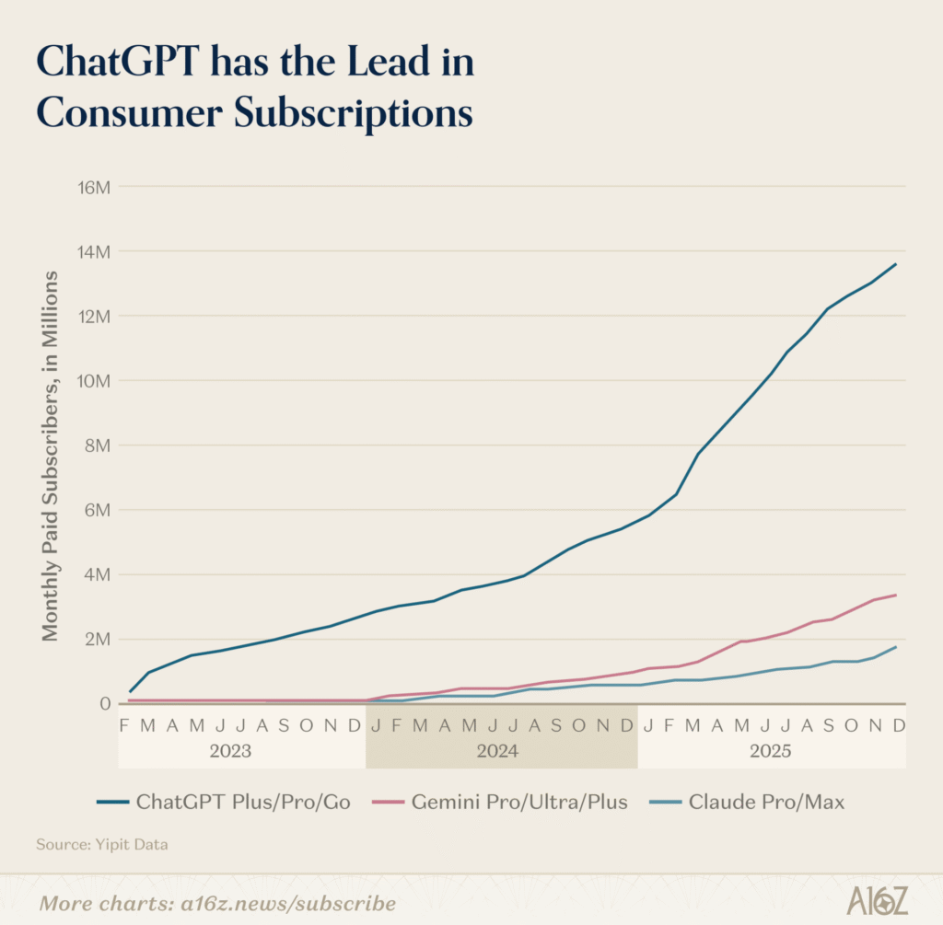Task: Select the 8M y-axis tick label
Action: [96, 445]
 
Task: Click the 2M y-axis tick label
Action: [96, 639]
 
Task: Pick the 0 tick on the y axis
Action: [104, 703]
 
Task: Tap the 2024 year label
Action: [497, 751]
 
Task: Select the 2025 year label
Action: [770, 751]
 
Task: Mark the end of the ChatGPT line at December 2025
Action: [896, 264]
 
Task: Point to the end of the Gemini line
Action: [896, 595]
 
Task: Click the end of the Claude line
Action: [896, 647]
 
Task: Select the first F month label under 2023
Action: [125, 725]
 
